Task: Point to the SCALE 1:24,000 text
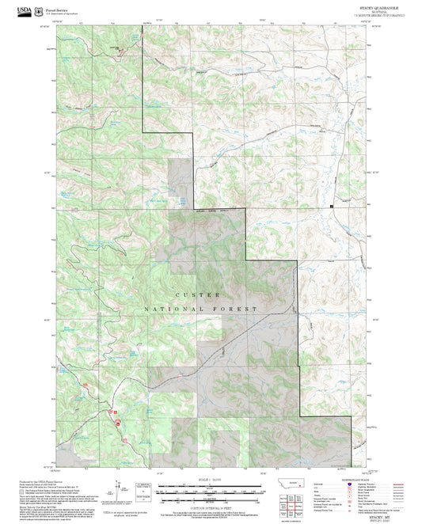click(210, 480)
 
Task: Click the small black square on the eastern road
click(332, 207)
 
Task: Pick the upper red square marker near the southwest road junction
click(116, 412)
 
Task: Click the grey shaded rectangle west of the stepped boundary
click(178, 186)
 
